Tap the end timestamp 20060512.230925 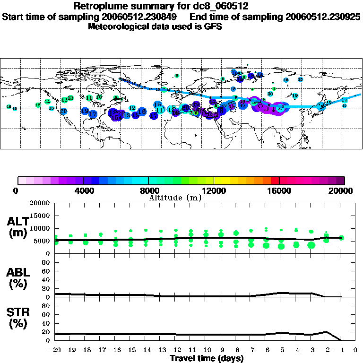[x=323, y=17]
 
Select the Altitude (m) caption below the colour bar [x=175, y=198]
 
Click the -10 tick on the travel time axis [x=206, y=350]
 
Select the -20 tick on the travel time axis [x=55, y=350]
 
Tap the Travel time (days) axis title [x=207, y=358]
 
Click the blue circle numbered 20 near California [x=63, y=111]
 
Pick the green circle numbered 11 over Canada [x=89, y=98]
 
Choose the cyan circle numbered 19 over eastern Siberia [x=294, y=96]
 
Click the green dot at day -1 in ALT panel [x=341, y=238]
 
